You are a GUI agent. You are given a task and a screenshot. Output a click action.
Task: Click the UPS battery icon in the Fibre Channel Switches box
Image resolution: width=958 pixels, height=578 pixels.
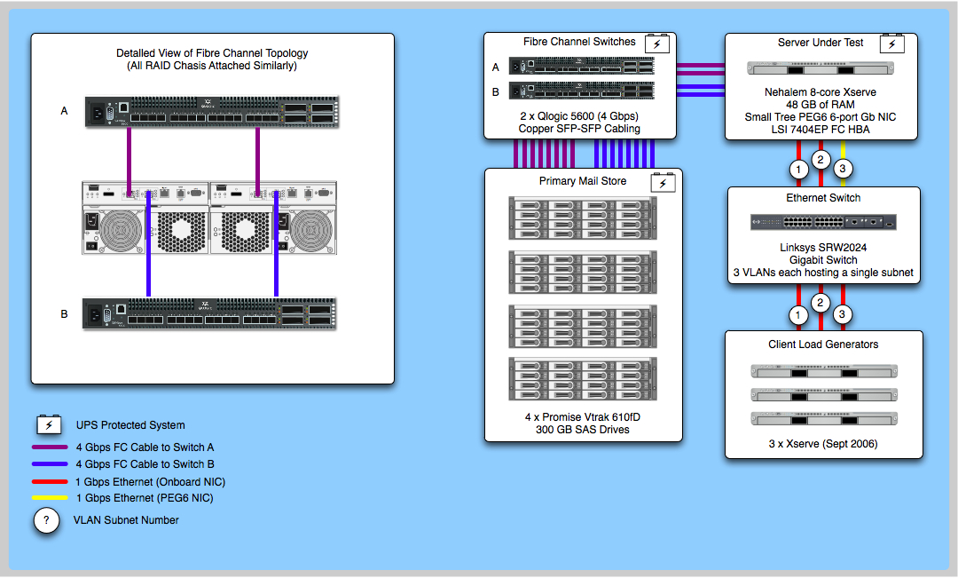656,43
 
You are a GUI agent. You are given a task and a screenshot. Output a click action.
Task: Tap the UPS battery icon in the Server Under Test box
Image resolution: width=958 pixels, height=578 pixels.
891,44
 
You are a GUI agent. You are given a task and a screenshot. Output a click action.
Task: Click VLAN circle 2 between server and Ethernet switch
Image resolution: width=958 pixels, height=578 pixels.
821,161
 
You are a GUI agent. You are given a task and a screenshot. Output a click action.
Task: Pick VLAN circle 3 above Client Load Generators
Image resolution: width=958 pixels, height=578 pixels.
844,313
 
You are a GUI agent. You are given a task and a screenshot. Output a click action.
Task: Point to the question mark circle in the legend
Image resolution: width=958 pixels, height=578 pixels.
46,520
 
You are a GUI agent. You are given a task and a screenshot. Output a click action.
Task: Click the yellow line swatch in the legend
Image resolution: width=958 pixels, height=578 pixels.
50,498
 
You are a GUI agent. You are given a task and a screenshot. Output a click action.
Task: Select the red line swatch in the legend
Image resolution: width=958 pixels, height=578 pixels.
50,481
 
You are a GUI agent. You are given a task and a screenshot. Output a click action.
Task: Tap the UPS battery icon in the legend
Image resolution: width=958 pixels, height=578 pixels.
49,424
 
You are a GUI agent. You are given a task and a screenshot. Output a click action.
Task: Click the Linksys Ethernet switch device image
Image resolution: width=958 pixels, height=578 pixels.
824,222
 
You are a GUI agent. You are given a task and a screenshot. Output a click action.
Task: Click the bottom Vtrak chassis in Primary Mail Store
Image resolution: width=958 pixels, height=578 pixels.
583,381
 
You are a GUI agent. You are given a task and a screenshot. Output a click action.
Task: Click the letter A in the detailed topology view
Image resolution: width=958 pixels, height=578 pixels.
64,112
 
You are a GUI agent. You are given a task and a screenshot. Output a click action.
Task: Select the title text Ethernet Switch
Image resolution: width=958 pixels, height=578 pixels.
823,198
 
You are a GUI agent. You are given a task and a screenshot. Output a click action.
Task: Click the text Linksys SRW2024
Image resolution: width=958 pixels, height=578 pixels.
823,248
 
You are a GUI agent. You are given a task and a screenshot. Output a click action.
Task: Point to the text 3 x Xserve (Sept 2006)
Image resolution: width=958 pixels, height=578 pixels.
823,444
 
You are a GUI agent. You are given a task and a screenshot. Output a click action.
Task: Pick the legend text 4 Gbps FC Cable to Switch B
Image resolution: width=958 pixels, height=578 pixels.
145,464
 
